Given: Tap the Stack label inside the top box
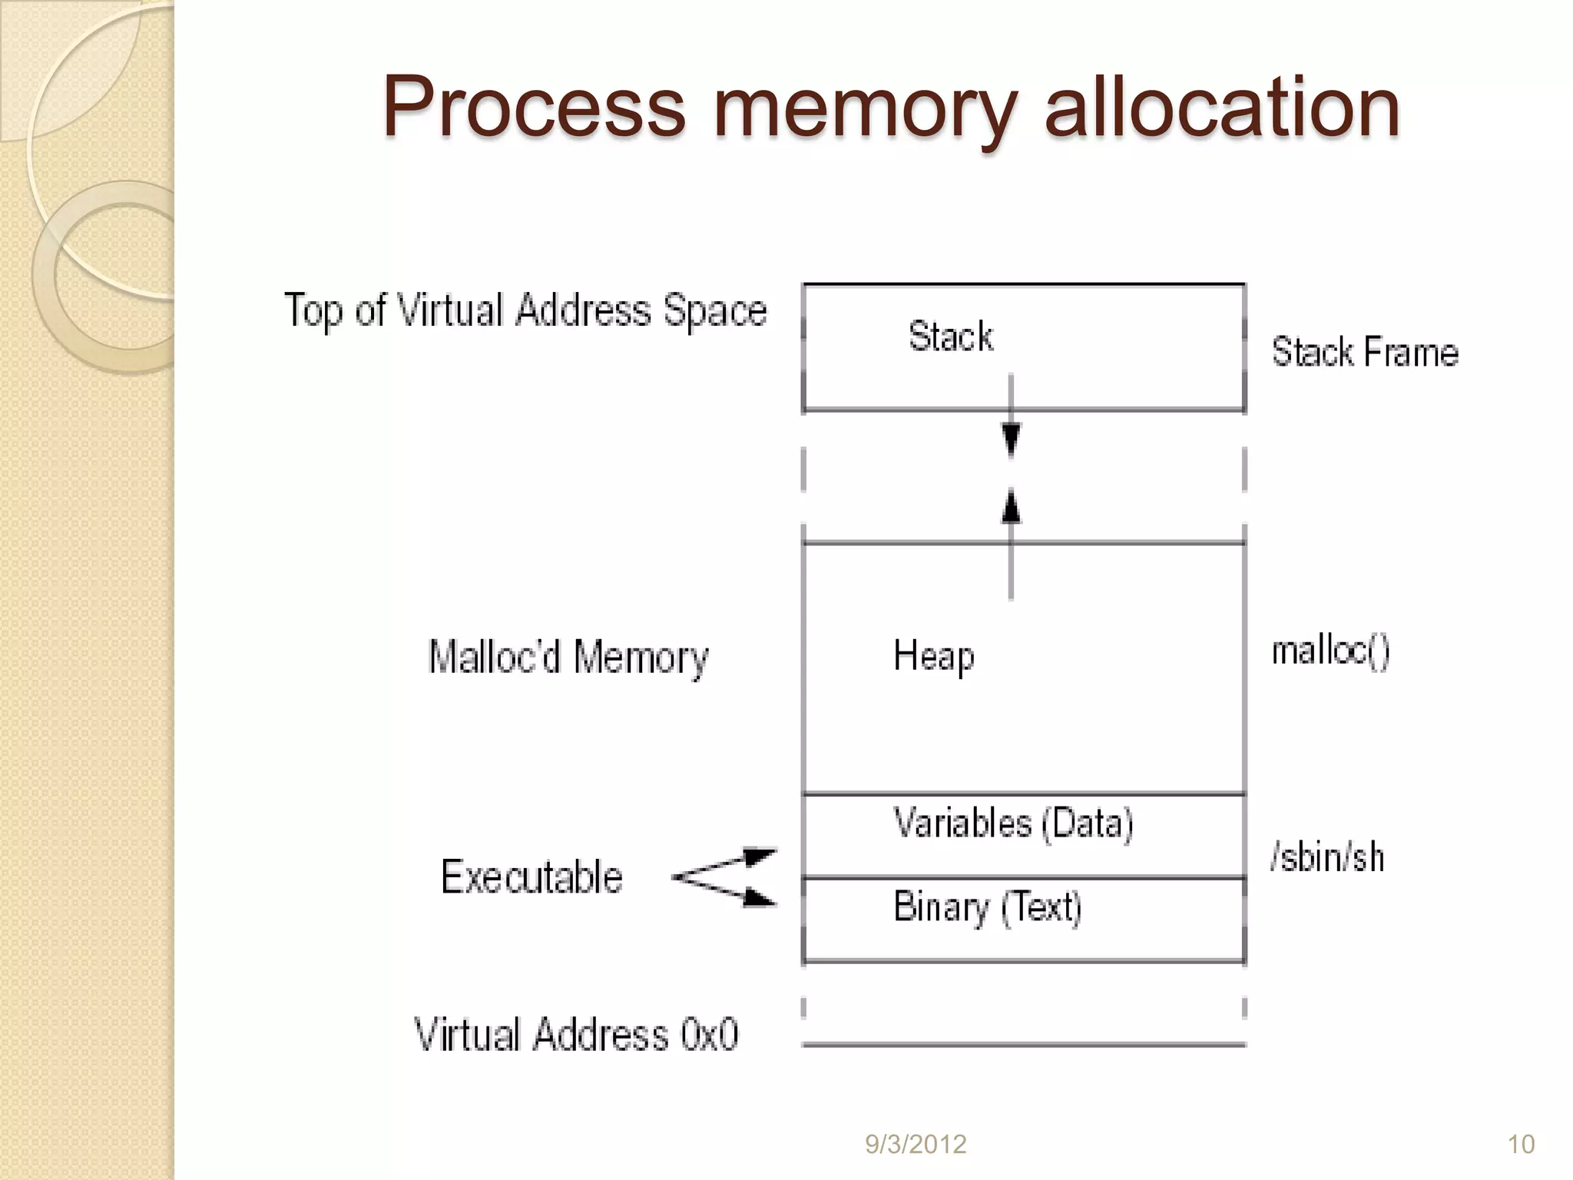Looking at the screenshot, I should click(x=951, y=336).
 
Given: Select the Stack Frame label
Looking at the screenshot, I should click(x=1365, y=353).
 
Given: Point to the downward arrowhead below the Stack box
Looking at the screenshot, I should click(x=1012, y=440).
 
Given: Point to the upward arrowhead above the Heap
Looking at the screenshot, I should click(x=1012, y=508).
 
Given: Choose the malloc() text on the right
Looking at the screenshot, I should click(x=1330, y=651).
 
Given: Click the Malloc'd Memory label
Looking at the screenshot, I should click(x=568, y=658).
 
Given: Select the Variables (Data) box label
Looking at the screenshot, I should click(x=1013, y=824).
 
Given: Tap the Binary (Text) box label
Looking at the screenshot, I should click(x=988, y=907).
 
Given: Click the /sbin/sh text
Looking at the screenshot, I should click(x=1327, y=857).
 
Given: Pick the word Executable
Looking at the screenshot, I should click(x=532, y=877).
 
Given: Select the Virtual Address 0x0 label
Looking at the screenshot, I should click(x=576, y=1034).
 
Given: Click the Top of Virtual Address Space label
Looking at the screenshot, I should click(x=525, y=310).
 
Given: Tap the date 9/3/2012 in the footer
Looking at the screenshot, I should click(x=916, y=1145).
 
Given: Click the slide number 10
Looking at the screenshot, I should click(x=1521, y=1145).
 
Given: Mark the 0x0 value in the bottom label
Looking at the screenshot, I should click(x=709, y=1034).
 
